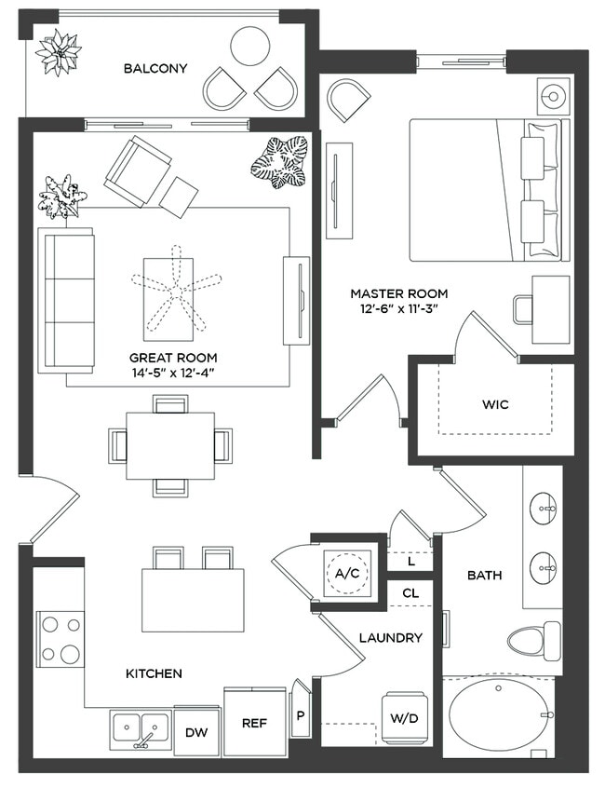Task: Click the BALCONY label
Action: click(x=155, y=68)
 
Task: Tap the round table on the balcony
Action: click(x=249, y=46)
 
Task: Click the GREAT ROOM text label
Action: click(x=173, y=357)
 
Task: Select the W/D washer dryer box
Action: click(x=403, y=717)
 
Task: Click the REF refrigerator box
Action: click(x=255, y=722)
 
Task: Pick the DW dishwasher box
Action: click(x=195, y=733)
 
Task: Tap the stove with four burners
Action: click(x=60, y=639)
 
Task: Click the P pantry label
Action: click(x=301, y=716)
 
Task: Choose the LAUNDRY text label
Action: click(x=391, y=638)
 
